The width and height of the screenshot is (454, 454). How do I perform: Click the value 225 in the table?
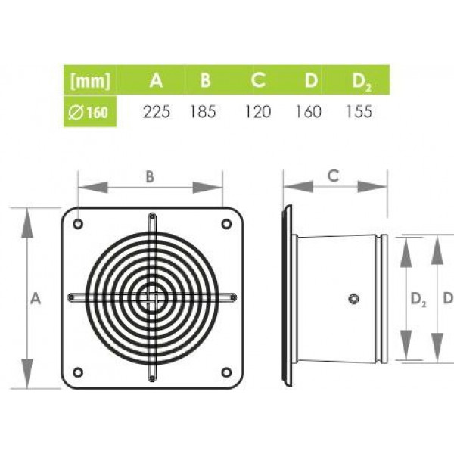[157, 111]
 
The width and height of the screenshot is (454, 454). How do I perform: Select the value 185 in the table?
[203, 111]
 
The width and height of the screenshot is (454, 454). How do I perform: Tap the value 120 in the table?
[258, 111]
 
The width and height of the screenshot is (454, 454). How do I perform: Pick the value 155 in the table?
[359, 111]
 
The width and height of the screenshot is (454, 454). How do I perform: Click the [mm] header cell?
[90, 80]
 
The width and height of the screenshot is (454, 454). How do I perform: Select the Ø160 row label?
[89, 112]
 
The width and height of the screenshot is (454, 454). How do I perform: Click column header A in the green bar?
[156, 80]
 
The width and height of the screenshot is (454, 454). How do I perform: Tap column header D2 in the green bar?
[362, 82]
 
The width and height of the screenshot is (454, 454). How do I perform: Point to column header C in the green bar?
[258, 80]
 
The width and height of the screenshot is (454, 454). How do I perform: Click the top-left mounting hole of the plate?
[78, 224]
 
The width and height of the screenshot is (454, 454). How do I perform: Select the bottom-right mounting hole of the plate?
[226, 372]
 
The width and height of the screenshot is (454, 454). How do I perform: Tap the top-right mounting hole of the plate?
[226, 224]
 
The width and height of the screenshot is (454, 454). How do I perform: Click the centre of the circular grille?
[152, 298]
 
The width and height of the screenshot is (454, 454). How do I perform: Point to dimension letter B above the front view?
[150, 176]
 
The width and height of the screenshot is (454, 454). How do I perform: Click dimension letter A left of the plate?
[36, 298]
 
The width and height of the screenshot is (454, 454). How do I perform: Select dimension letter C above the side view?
[333, 176]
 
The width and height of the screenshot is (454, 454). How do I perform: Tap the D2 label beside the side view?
[418, 300]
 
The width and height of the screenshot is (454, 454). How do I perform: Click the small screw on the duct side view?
[353, 299]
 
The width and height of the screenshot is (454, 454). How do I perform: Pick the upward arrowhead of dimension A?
[27, 223]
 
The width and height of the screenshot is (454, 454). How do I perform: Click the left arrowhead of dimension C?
[298, 187]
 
